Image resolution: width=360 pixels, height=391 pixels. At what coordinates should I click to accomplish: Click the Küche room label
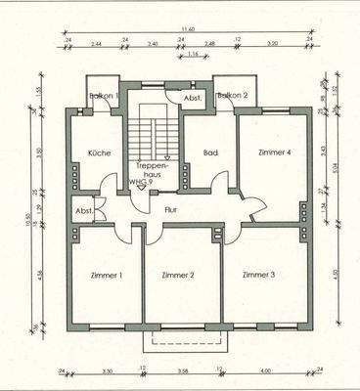[99, 153]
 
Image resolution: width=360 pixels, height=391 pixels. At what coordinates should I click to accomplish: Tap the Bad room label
[208, 153]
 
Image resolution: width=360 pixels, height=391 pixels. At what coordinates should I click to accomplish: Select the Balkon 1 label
[104, 96]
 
